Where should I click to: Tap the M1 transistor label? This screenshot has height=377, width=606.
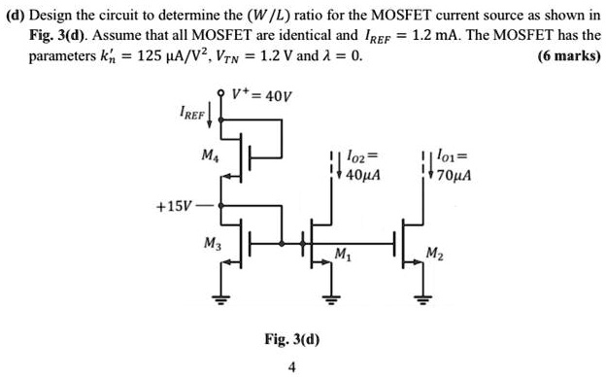pos(341,255)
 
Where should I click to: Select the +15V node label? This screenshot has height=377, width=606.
pos(173,206)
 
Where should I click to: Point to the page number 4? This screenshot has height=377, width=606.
pos(292,366)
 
